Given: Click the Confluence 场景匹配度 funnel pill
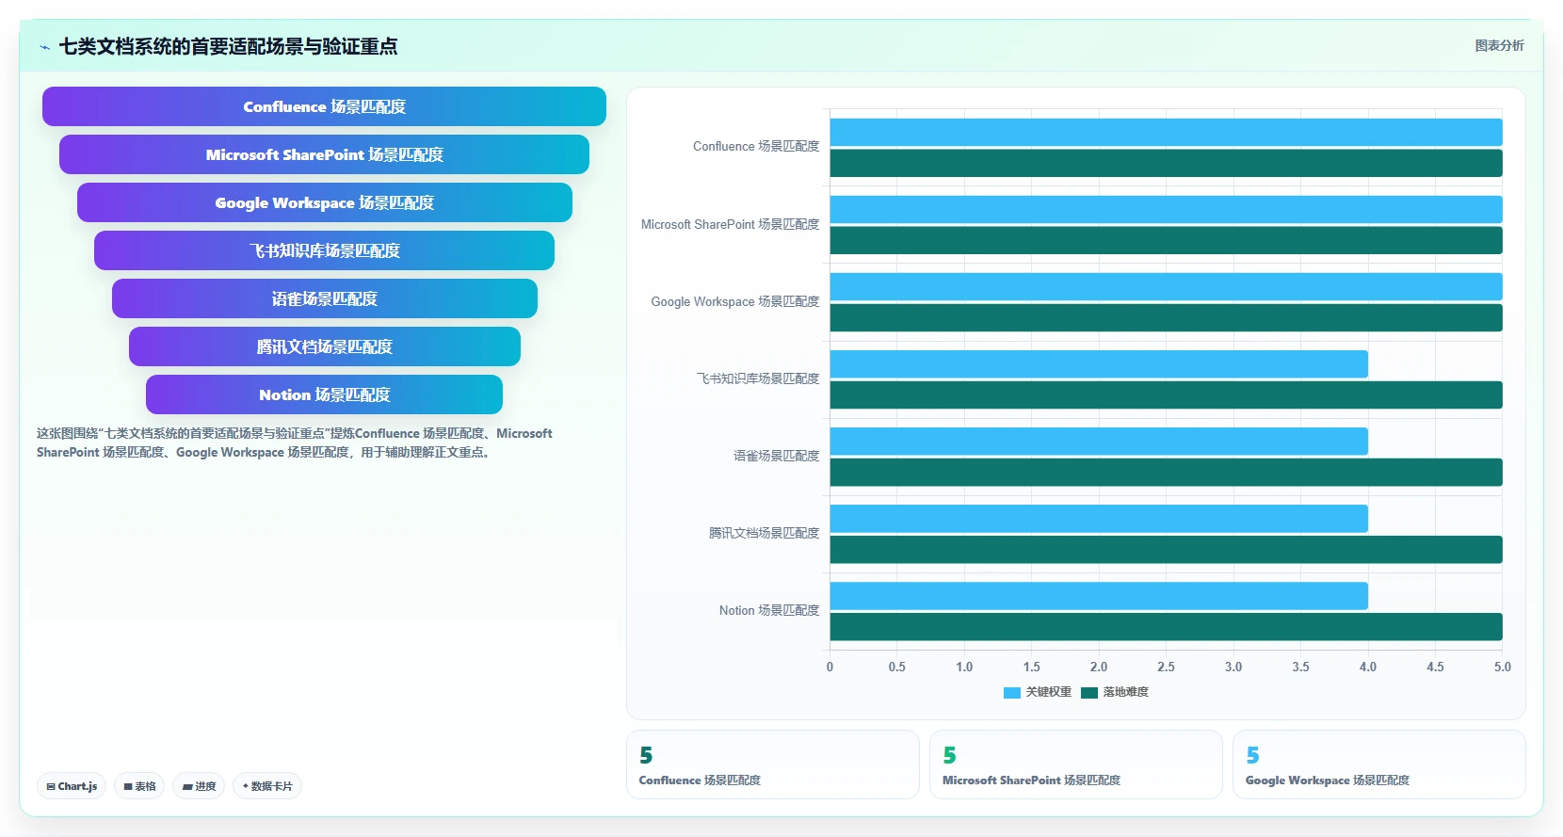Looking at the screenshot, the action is point(324,106).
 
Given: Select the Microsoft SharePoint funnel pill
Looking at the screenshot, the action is point(324,154).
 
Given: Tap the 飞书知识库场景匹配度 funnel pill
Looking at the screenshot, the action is point(324,250).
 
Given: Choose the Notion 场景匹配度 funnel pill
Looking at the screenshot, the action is point(324,394).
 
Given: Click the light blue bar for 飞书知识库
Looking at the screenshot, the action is point(1098,364).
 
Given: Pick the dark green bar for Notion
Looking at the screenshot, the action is point(1166,626).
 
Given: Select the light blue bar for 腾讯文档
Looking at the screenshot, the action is point(1098,518).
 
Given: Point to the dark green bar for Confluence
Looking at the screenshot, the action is point(1166,163).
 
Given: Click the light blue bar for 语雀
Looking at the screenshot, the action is point(1098,442).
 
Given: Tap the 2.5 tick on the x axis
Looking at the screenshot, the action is point(1166,667).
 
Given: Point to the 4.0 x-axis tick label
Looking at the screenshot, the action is point(1367,667).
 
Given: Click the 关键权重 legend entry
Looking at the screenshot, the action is point(1037,692).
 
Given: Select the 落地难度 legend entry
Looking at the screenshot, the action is point(1114,692).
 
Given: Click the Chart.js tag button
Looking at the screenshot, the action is point(72,786).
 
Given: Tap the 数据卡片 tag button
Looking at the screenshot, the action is point(267,786).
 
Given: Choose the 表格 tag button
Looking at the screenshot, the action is point(139,786).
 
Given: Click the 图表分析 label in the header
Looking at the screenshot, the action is point(1500,45).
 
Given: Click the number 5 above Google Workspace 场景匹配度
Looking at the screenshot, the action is point(1252,755).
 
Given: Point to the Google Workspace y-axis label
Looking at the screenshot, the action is point(734,301).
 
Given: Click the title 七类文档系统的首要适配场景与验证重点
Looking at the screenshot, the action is point(228,47).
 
